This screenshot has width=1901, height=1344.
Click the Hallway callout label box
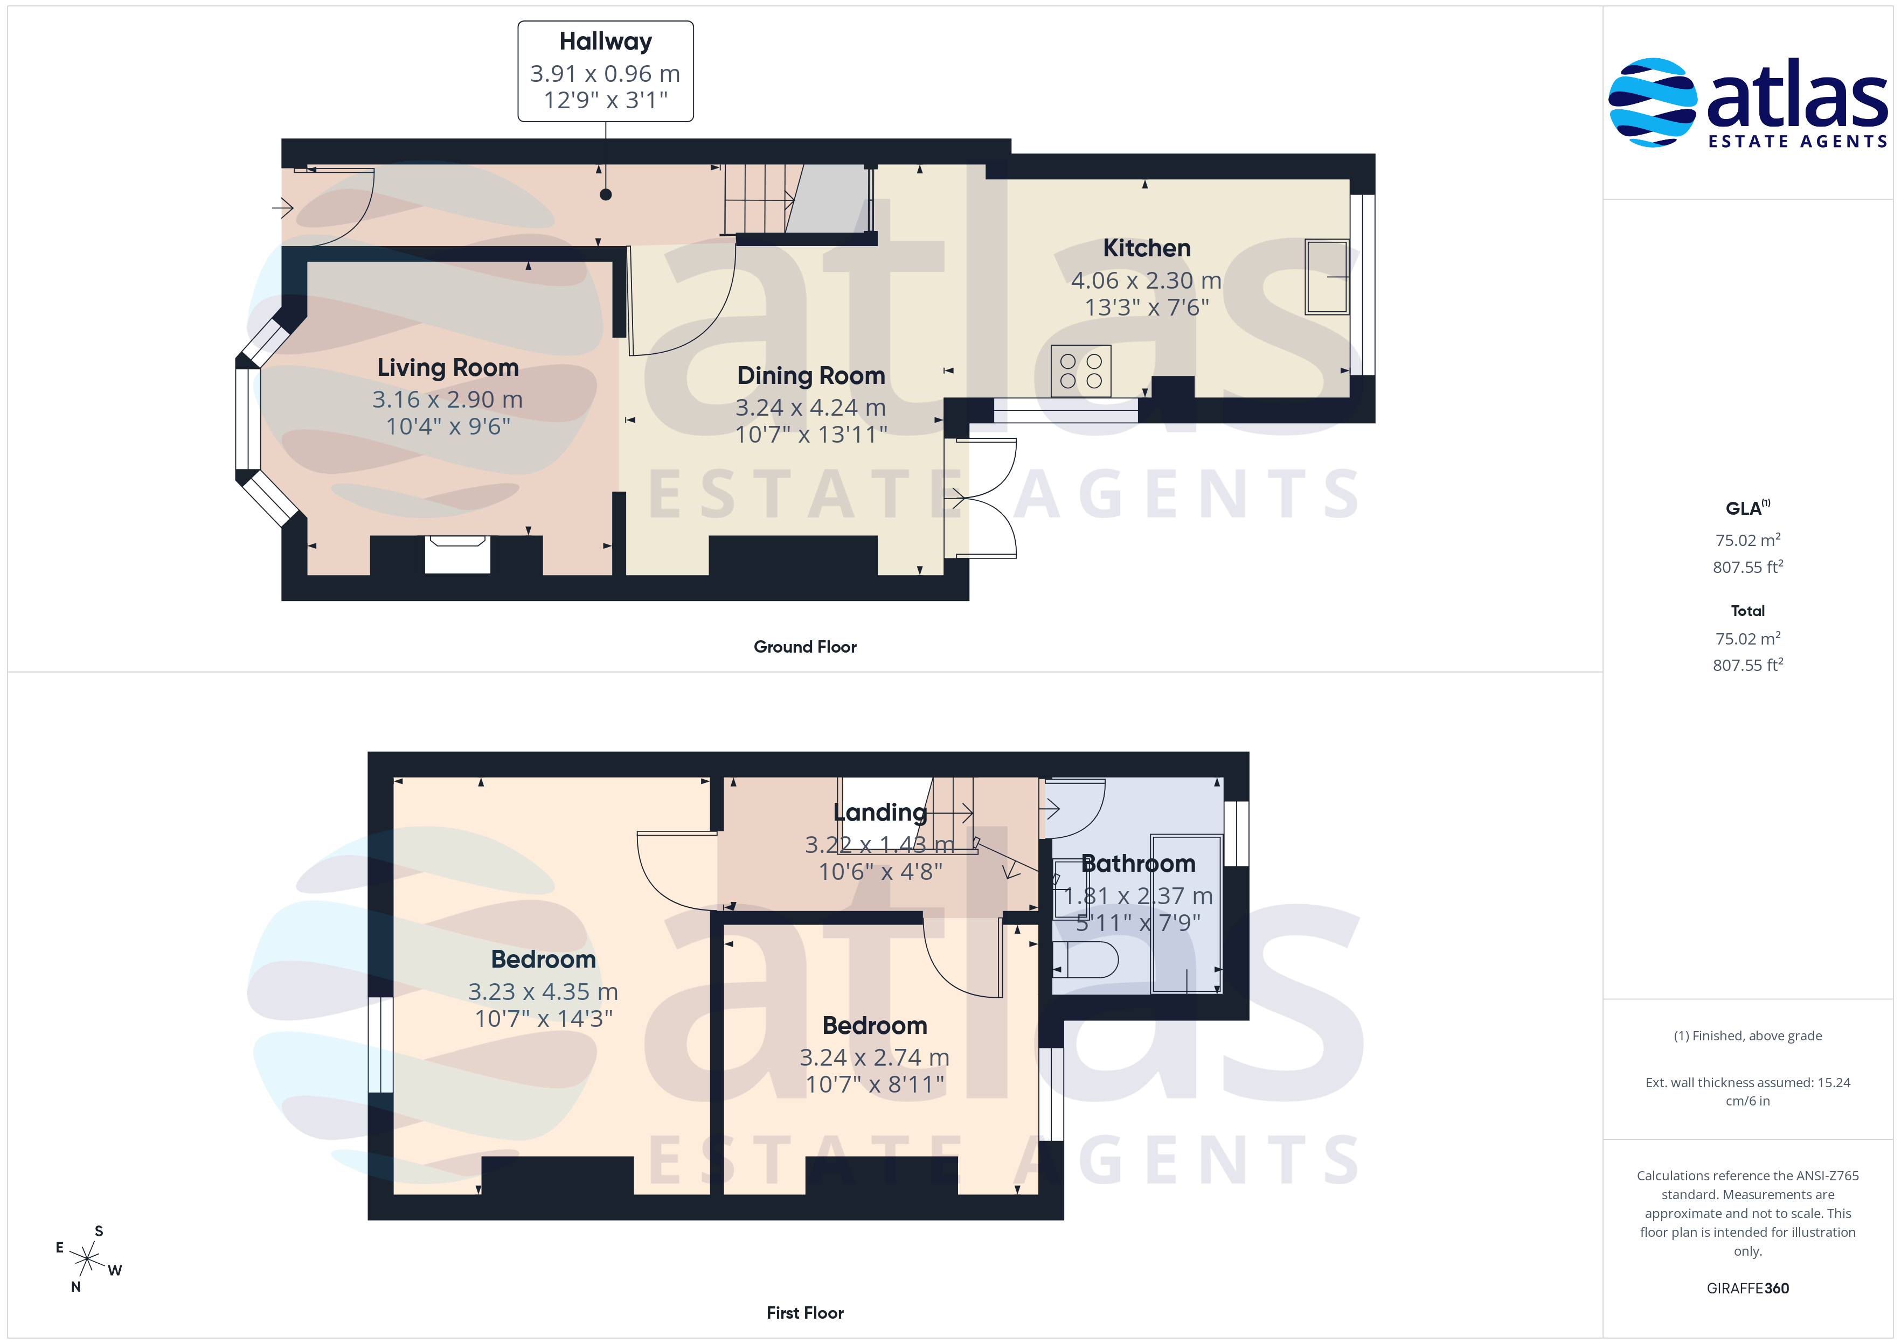click(x=605, y=71)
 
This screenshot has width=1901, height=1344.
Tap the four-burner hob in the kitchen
click(x=1080, y=371)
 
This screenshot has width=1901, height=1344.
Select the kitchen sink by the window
click(x=1327, y=276)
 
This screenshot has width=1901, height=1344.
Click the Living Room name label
click(x=448, y=367)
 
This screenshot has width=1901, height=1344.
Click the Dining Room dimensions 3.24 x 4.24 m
click(x=810, y=407)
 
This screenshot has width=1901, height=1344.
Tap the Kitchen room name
click(x=1147, y=248)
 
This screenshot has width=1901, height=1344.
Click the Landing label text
click(x=880, y=813)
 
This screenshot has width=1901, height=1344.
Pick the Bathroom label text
click(x=1139, y=864)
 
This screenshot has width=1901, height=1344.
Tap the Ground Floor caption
click(x=805, y=647)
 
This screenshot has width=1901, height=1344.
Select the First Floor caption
click(x=805, y=1313)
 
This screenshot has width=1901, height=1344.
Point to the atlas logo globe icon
click(x=1652, y=103)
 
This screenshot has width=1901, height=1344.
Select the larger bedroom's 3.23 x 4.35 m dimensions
click(x=543, y=991)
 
